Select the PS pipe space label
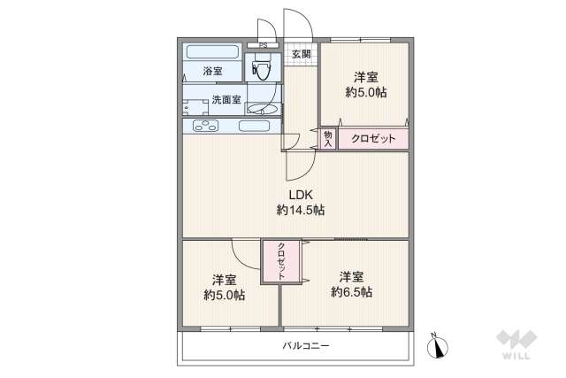[263, 44]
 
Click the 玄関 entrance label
[301, 54]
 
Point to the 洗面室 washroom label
[225, 99]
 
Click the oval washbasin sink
[262, 109]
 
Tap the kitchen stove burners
[205, 126]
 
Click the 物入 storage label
[327, 138]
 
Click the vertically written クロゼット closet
[281, 261]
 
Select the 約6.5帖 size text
[352, 291]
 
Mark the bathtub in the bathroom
[211, 50]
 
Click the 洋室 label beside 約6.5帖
[352, 276]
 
